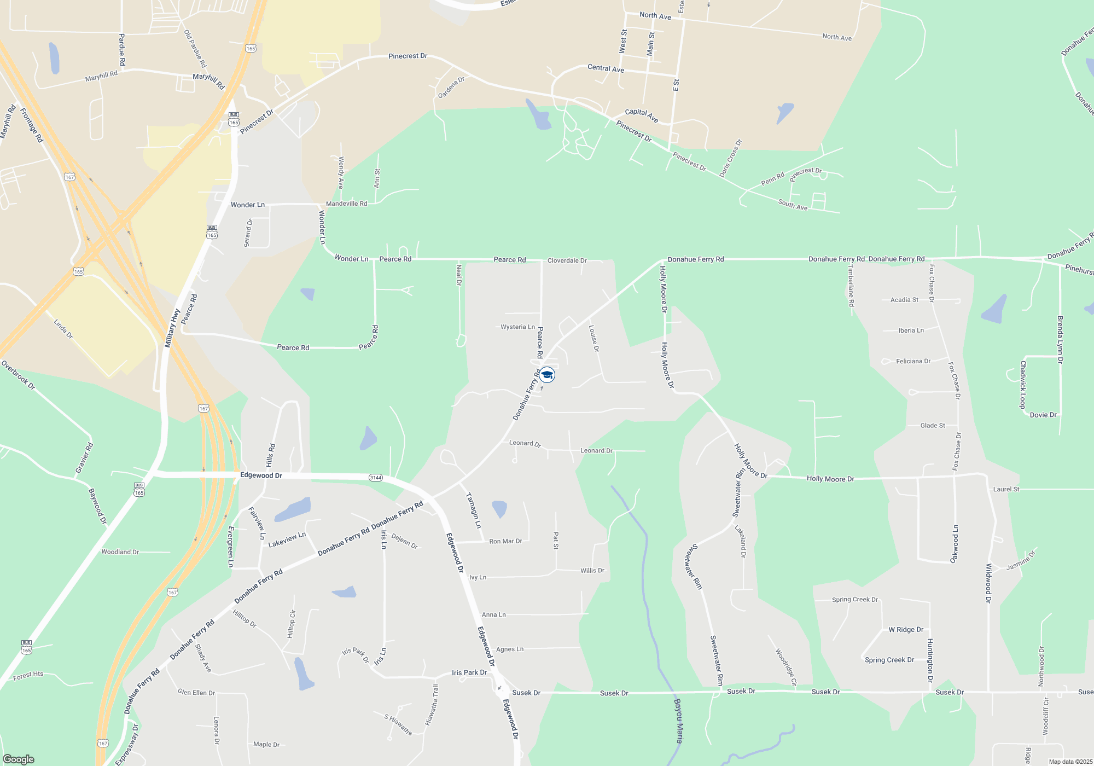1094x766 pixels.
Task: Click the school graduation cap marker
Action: (x=546, y=375)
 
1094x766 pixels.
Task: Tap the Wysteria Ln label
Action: (x=517, y=327)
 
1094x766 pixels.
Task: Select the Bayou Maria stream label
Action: (x=678, y=721)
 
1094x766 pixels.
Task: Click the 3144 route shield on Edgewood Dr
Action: (x=375, y=478)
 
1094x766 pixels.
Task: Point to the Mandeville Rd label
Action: (x=346, y=204)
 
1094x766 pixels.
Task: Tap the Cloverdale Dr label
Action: (x=567, y=260)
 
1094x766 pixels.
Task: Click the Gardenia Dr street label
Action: (x=451, y=88)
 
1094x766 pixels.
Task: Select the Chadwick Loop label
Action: (x=1022, y=385)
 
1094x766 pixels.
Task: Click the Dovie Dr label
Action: (x=1043, y=415)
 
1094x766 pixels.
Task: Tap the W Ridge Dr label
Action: (x=906, y=630)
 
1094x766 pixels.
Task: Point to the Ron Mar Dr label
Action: (x=505, y=541)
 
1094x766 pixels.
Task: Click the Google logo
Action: (x=19, y=759)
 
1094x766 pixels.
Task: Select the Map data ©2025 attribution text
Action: (x=1070, y=762)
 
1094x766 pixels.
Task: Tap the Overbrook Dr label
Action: (x=18, y=375)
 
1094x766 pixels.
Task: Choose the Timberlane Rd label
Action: (x=851, y=286)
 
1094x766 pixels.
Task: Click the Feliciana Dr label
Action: (x=913, y=361)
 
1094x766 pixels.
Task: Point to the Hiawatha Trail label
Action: (x=432, y=705)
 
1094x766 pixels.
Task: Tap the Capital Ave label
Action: (x=642, y=115)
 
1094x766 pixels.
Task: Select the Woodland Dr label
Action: (x=120, y=552)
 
